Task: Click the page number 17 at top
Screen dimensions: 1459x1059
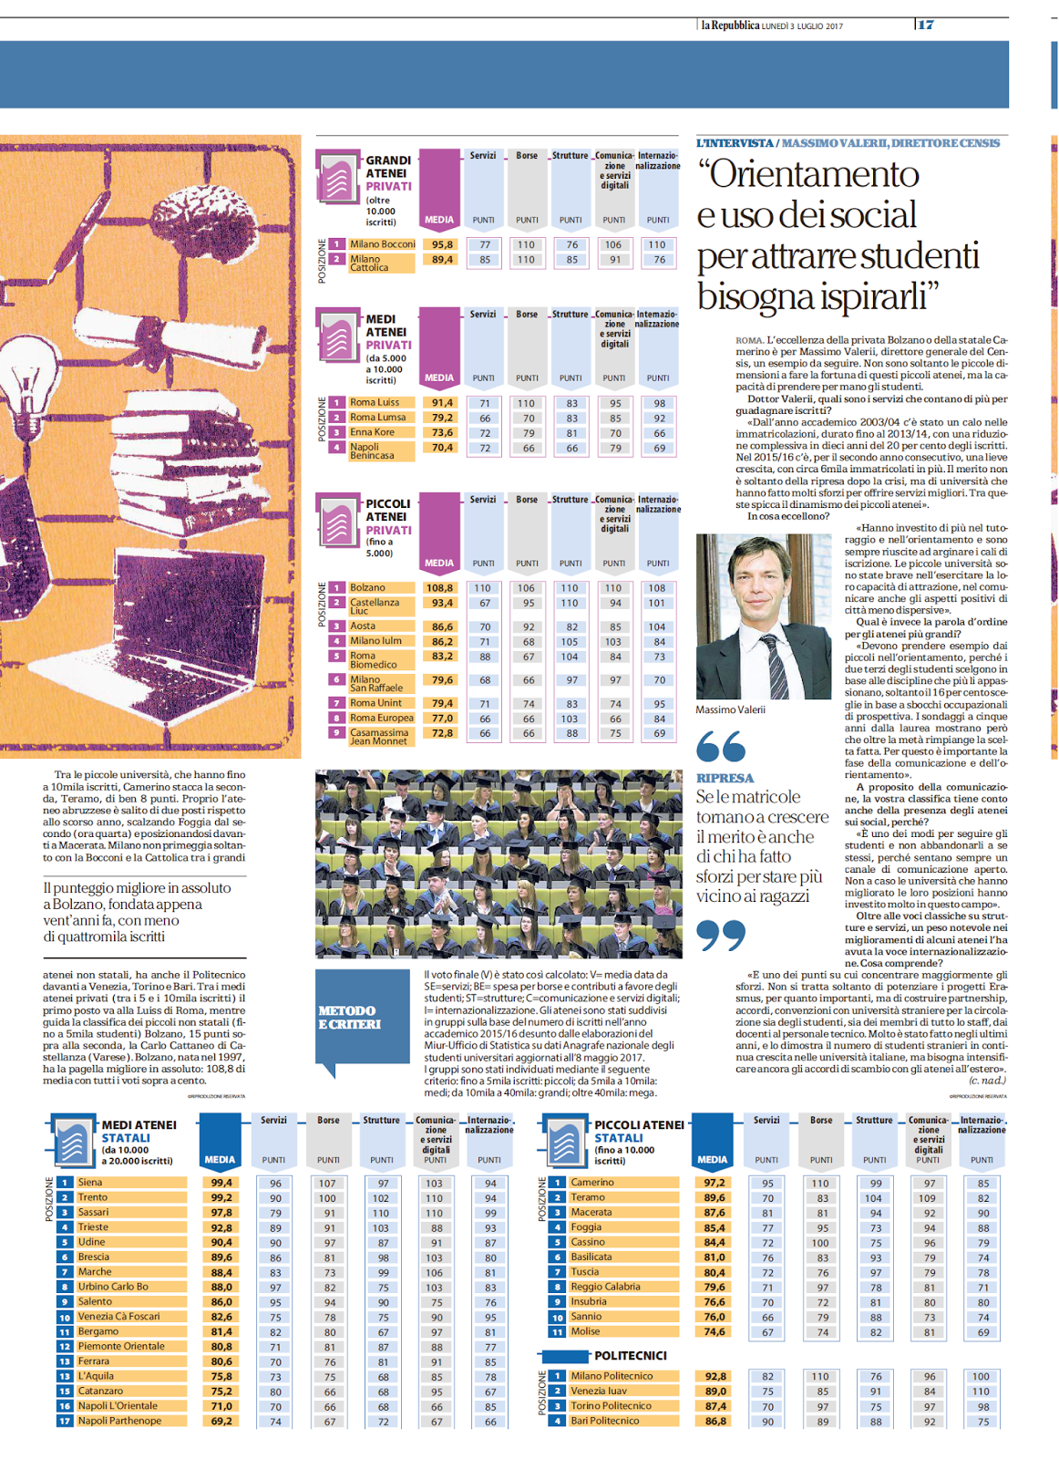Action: click(926, 25)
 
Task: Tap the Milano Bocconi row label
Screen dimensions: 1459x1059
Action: click(382, 244)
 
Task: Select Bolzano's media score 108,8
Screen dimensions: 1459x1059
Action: click(440, 588)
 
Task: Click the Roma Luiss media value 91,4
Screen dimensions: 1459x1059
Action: click(442, 402)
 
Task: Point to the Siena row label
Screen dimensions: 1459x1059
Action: click(90, 1183)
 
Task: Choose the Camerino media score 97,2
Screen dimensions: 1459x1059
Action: click(715, 1183)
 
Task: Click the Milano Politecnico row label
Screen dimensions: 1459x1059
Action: click(612, 1376)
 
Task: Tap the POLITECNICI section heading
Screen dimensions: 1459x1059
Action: click(630, 1356)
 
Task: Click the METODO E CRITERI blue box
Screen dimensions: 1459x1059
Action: click(362, 1018)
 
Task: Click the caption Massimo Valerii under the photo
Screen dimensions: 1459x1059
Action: click(730, 709)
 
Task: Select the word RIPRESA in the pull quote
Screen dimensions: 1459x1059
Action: click(725, 778)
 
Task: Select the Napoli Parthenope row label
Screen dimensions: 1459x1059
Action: click(119, 1421)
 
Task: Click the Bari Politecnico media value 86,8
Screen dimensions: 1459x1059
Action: click(715, 1421)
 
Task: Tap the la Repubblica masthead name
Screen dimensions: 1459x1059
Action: click(730, 26)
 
